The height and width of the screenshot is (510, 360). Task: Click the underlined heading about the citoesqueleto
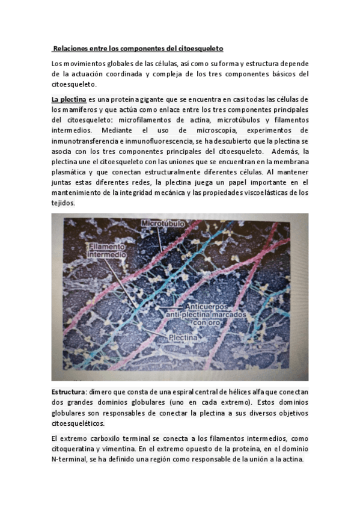click(x=139, y=48)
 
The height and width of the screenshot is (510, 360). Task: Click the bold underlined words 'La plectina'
click(x=69, y=98)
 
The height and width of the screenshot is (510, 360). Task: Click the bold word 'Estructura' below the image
click(x=69, y=392)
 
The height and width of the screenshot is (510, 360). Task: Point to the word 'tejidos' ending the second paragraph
click(x=63, y=204)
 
